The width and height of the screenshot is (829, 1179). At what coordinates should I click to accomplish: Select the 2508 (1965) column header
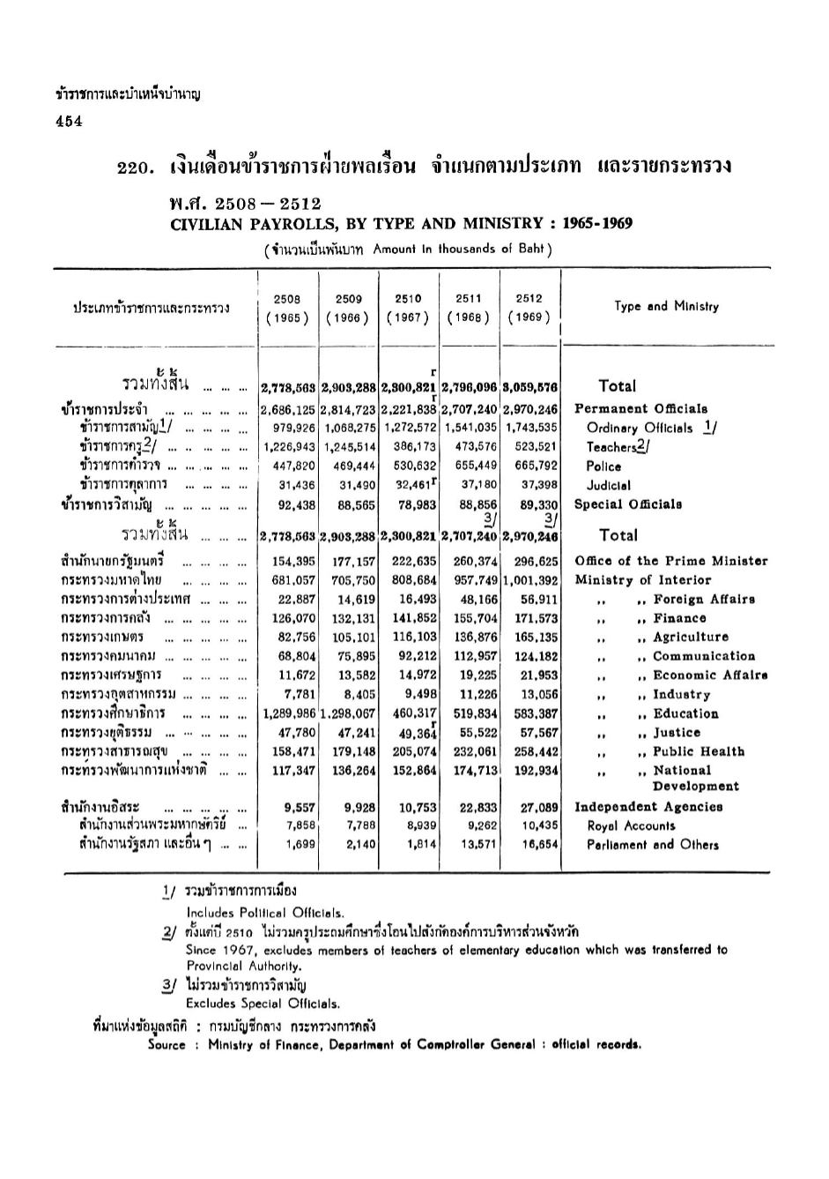(x=287, y=309)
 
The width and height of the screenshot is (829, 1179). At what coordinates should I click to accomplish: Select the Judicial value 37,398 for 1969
(x=539, y=485)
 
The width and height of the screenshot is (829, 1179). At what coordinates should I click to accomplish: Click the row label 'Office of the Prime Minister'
(x=670, y=561)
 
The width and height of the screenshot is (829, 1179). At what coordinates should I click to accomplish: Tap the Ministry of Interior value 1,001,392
(x=530, y=580)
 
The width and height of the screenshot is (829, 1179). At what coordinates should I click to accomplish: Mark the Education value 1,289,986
(x=289, y=713)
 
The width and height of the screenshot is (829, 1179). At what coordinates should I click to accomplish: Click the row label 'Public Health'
(x=699, y=752)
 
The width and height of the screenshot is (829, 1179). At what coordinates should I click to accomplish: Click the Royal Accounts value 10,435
(x=539, y=826)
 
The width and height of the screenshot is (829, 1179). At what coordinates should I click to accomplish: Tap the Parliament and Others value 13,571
(x=479, y=845)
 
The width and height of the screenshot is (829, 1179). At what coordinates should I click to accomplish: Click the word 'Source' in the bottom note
(x=167, y=1046)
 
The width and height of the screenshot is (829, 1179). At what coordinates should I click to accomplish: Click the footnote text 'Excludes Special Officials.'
(x=263, y=1004)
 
